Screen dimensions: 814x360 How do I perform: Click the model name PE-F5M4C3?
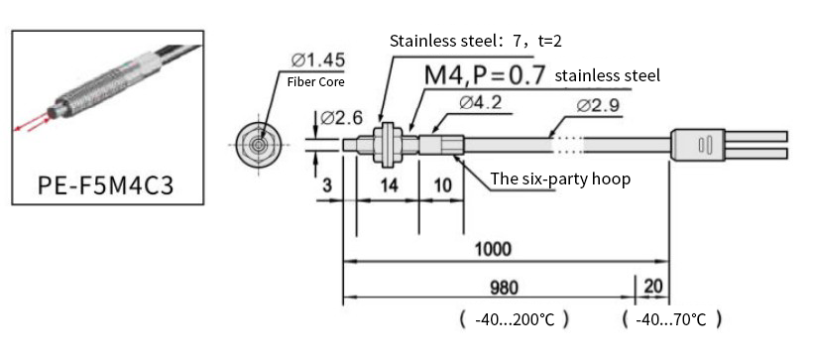tap(105, 185)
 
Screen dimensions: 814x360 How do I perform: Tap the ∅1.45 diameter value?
tap(317, 60)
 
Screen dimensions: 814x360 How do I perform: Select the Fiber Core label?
tap(315, 82)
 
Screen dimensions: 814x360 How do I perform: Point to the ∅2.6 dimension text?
tap(341, 118)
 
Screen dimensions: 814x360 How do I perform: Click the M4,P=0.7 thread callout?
tap(485, 74)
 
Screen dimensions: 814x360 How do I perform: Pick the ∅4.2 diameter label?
tap(480, 103)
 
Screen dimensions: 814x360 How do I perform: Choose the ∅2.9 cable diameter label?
tap(598, 105)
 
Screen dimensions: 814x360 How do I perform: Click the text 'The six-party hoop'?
tap(560, 180)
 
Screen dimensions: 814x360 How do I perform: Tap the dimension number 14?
tap(388, 185)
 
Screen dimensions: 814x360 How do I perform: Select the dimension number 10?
tap(443, 185)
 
